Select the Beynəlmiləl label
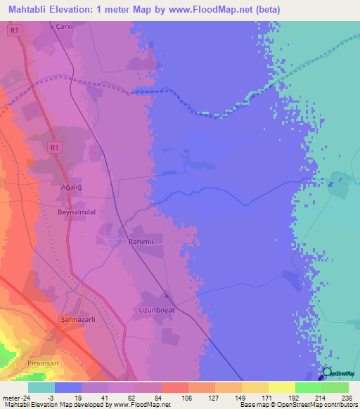76,210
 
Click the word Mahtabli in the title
29,9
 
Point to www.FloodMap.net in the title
204,9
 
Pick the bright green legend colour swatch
309,387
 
